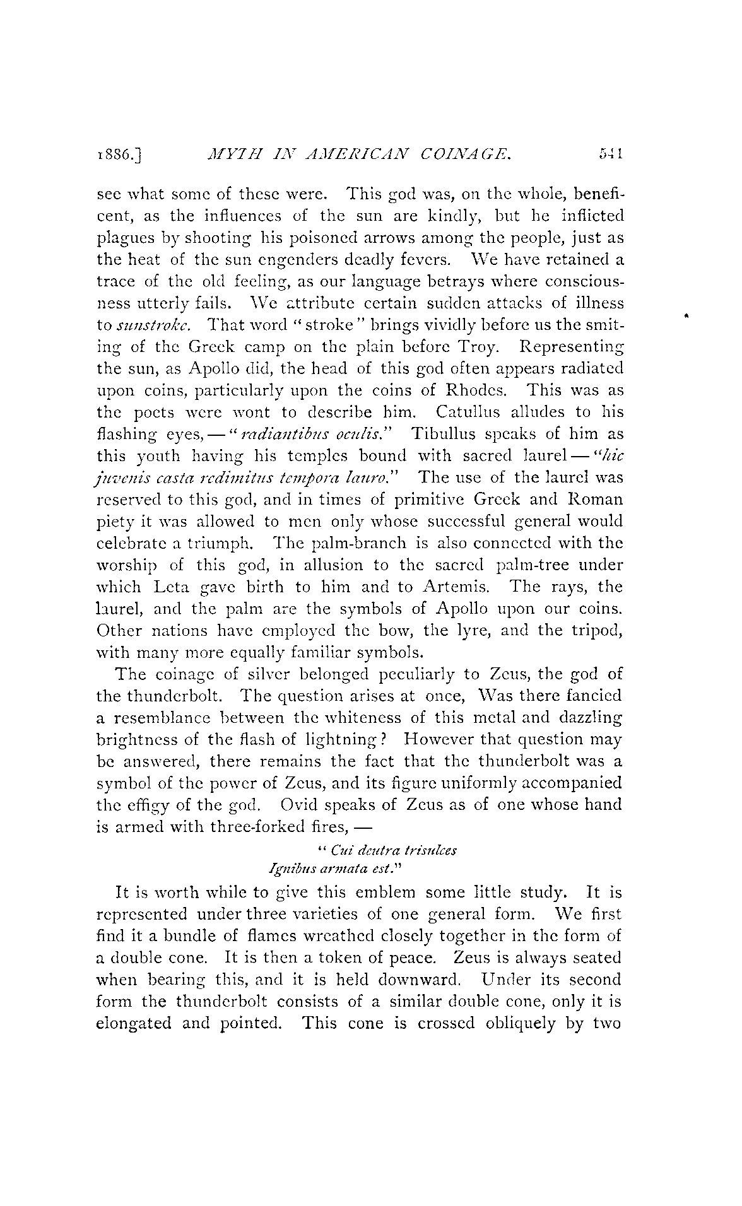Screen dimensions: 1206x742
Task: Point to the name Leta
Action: pos(175,587)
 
